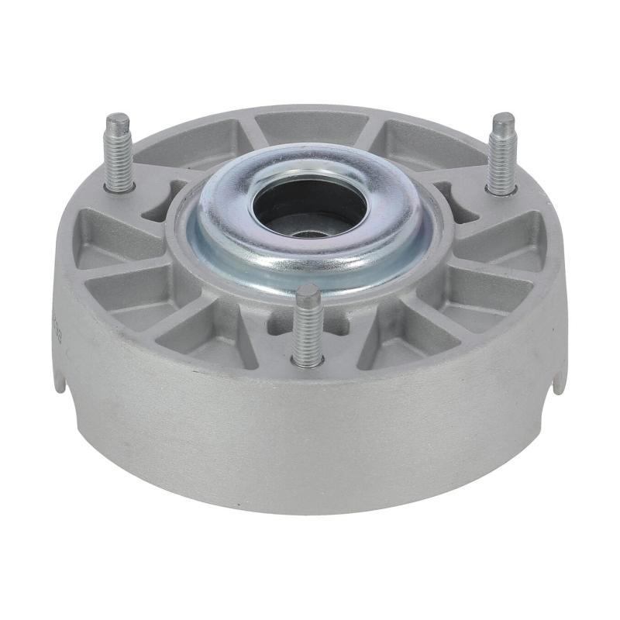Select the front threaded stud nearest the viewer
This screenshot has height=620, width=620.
click(307, 325)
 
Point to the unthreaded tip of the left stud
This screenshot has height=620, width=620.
click(118, 122)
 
